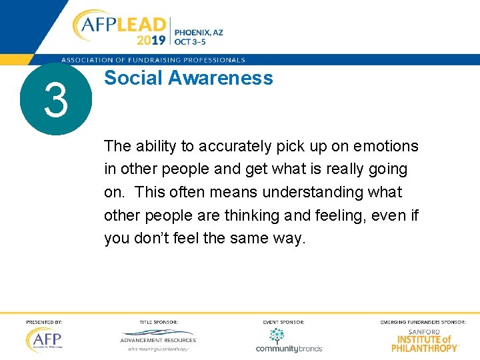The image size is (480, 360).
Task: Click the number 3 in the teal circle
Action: coord(55,100)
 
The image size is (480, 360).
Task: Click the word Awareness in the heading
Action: coord(220,78)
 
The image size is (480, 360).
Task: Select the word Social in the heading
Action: coord(133,78)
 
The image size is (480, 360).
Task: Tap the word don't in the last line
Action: coord(157,239)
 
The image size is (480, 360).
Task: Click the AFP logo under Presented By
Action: coord(44,340)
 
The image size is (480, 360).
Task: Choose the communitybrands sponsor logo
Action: coord(289,341)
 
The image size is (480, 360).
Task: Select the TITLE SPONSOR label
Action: coord(158,323)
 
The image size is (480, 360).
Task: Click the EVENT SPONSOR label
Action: coord(283,323)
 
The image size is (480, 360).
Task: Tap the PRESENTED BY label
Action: coord(44,323)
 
